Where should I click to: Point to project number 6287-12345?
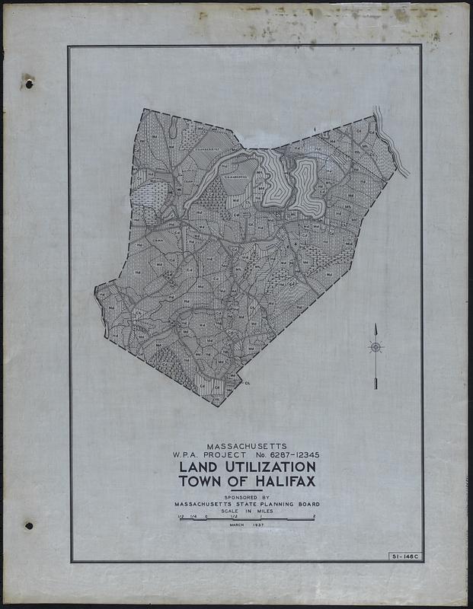coord(294,454)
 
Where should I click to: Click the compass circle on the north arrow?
coord(376,346)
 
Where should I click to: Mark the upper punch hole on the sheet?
coord(28,83)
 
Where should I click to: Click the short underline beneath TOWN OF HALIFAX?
coord(245,491)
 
